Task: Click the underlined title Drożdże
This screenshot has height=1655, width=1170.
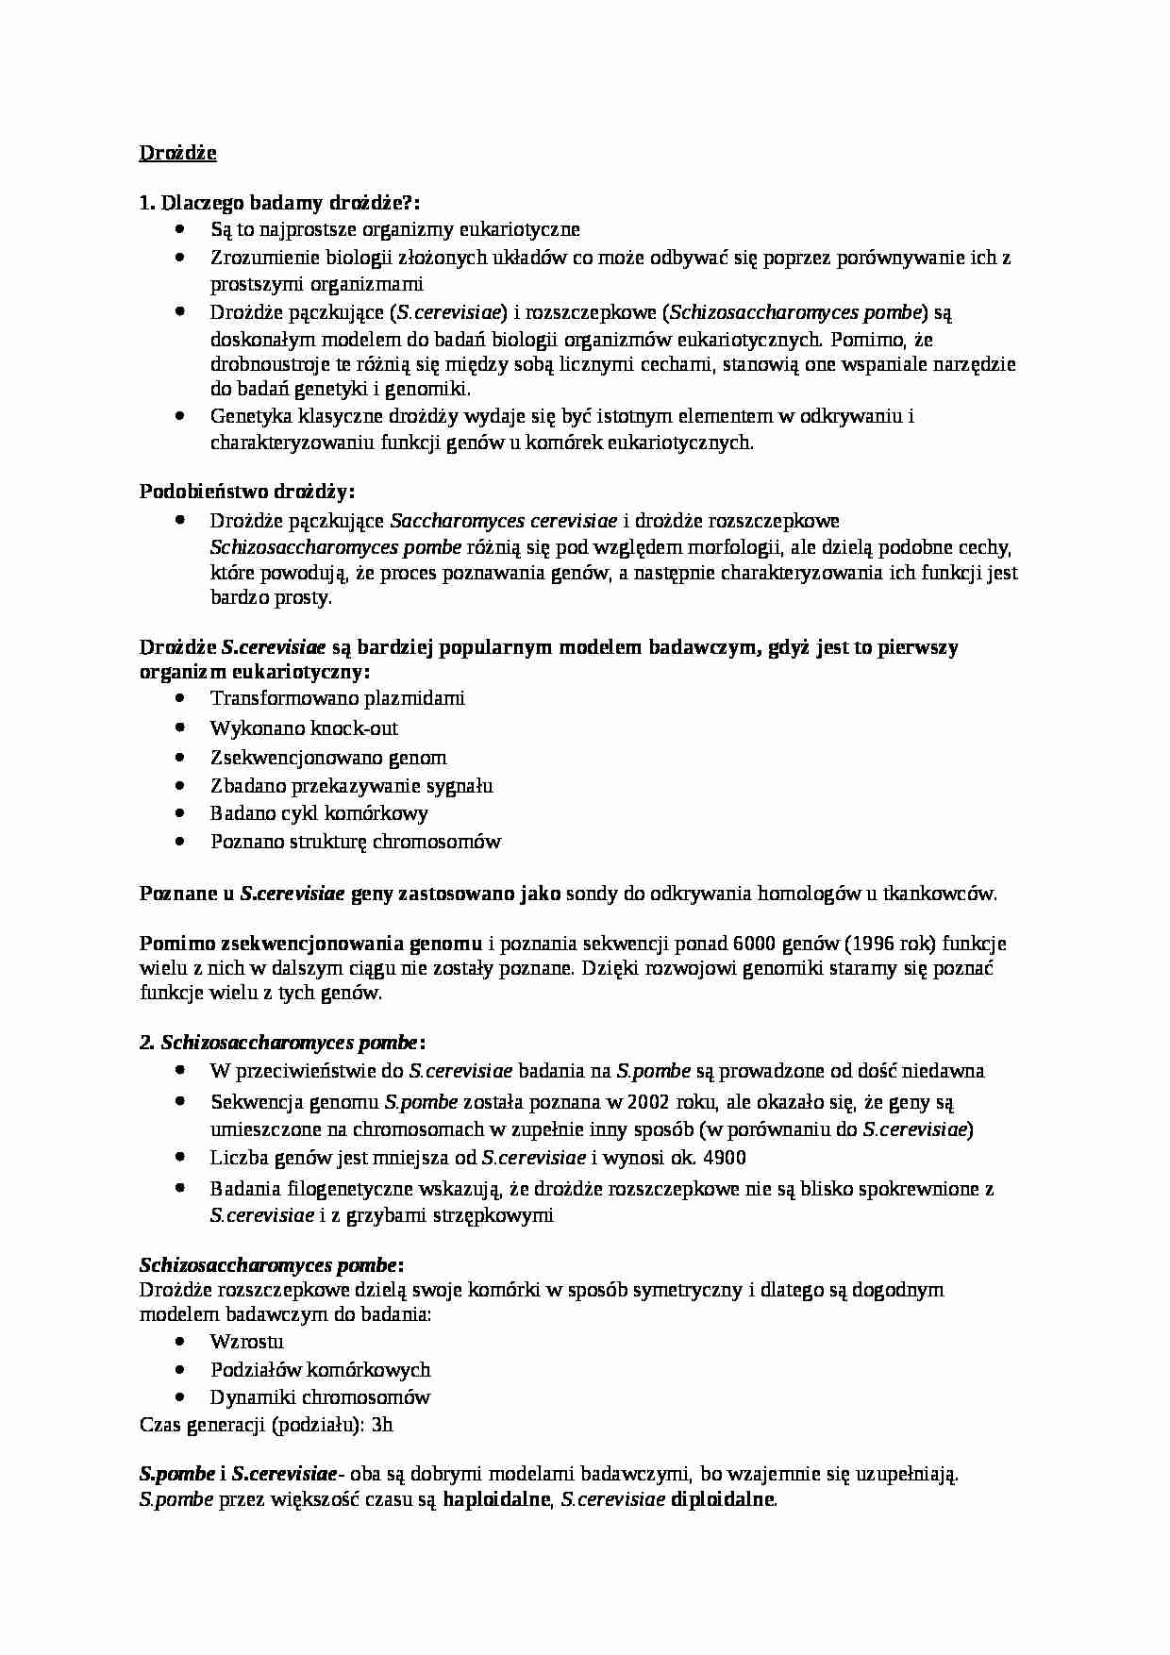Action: tap(178, 153)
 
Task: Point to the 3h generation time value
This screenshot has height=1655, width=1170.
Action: tap(382, 1425)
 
